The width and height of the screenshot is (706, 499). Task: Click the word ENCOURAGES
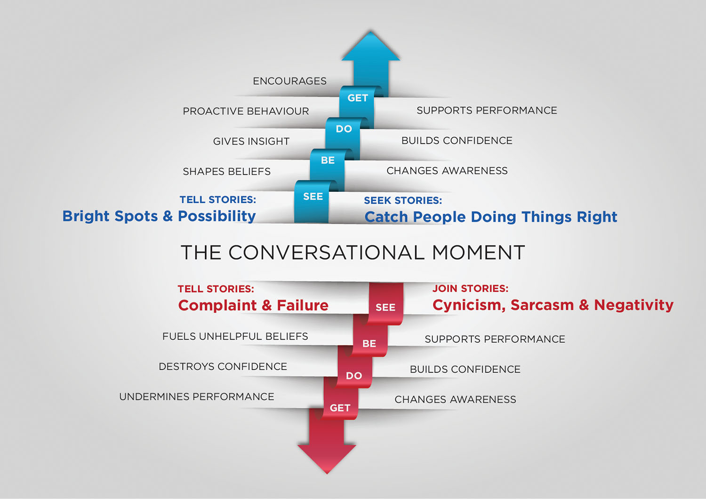click(x=289, y=81)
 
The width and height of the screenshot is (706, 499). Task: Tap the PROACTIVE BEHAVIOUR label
click(x=246, y=111)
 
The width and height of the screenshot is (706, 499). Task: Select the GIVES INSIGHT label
click(x=251, y=141)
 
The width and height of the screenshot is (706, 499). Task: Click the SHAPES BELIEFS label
click(x=226, y=171)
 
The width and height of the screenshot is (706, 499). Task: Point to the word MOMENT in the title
click(x=478, y=253)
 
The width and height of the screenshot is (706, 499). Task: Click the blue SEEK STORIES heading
click(x=403, y=200)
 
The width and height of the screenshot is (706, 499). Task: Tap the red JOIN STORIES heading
click(x=470, y=288)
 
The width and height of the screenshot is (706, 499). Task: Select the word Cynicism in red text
click(x=469, y=305)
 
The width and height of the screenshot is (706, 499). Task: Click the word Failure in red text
click(x=302, y=305)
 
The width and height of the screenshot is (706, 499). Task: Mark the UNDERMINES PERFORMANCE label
click(x=196, y=396)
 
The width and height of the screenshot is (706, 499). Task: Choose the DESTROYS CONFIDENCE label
click(x=223, y=366)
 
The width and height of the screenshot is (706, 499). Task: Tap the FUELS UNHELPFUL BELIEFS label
click(x=235, y=336)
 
